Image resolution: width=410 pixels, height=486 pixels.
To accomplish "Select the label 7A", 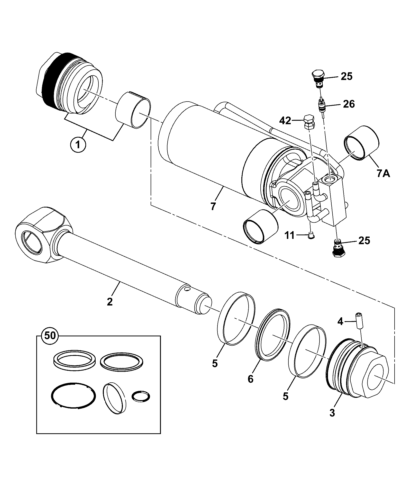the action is (x=384, y=174).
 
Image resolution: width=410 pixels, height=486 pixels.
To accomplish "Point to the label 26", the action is (x=348, y=104).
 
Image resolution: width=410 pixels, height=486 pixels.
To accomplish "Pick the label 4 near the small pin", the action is (x=340, y=321).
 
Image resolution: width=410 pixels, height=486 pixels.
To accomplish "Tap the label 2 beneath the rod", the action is (x=110, y=302).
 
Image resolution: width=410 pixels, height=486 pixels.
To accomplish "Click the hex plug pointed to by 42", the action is (x=309, y=122).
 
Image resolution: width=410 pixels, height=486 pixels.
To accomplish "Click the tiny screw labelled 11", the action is (x=311, y=235).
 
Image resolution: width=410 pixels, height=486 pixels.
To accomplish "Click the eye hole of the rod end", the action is (x=32, y=242).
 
